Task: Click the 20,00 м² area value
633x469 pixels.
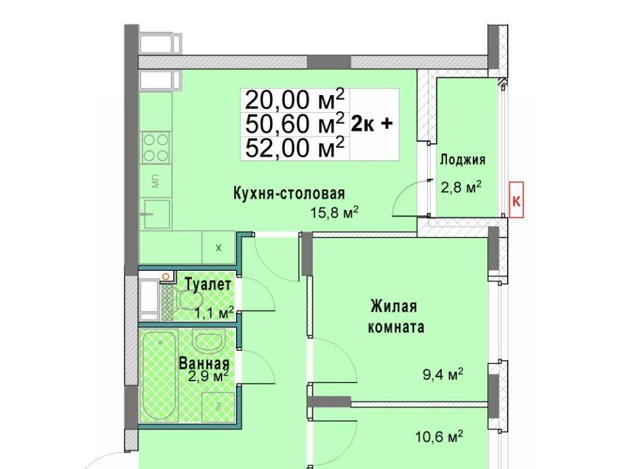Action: [x=295, y=100]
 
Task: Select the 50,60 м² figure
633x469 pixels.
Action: [x=295, y=124]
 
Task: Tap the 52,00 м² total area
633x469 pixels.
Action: [x=295, y=148]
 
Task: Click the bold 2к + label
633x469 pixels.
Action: [x=371, y=124]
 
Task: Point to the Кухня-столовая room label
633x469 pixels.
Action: [x=289, y=194]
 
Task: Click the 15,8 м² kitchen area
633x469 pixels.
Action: [x=335, y=212]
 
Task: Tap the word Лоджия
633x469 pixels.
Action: [x=462, y=160]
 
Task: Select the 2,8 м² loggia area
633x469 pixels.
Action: [x=461, y=188]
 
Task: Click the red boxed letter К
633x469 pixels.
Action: [x=516, y=201]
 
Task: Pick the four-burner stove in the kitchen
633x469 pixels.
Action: [x=156, y=147]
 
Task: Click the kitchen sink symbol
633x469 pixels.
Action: [x=156, y=213]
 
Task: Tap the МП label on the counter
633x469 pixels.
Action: [x=156, y=181]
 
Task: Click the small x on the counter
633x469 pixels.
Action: [x=218, y=248]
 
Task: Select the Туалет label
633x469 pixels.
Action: [x=208, y=285]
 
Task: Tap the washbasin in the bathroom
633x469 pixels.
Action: [x=208, y=340]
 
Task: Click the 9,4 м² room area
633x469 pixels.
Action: [x=443, y=375]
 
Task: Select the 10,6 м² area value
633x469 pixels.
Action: [x=439, y=437]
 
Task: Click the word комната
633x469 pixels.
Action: [x=396, y=327]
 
